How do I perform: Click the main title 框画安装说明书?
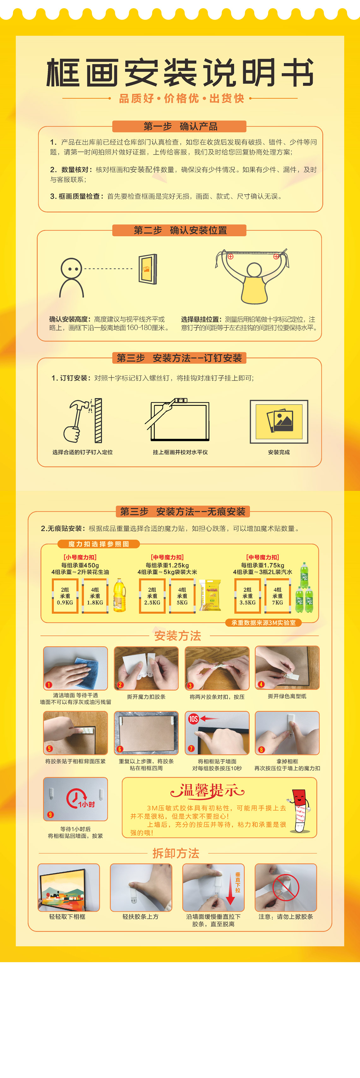180,73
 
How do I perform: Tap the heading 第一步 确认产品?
180,126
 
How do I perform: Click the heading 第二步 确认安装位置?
180,230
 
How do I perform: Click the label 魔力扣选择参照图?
99,544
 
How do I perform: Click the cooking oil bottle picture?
119,595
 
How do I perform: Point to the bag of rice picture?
210,595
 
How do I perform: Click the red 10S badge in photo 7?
193,719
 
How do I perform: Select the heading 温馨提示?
207,791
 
